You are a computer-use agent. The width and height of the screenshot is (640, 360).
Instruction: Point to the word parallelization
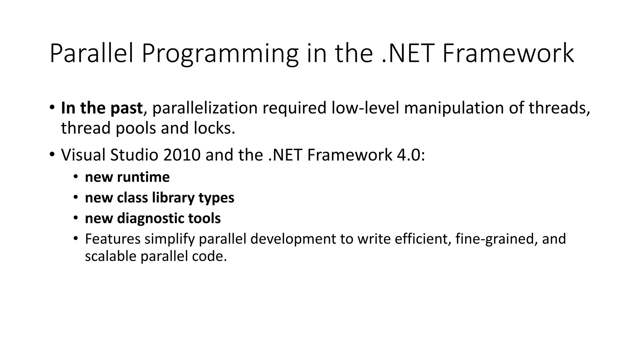(205, 108)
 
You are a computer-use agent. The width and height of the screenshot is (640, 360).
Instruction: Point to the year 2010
(182, 155)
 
